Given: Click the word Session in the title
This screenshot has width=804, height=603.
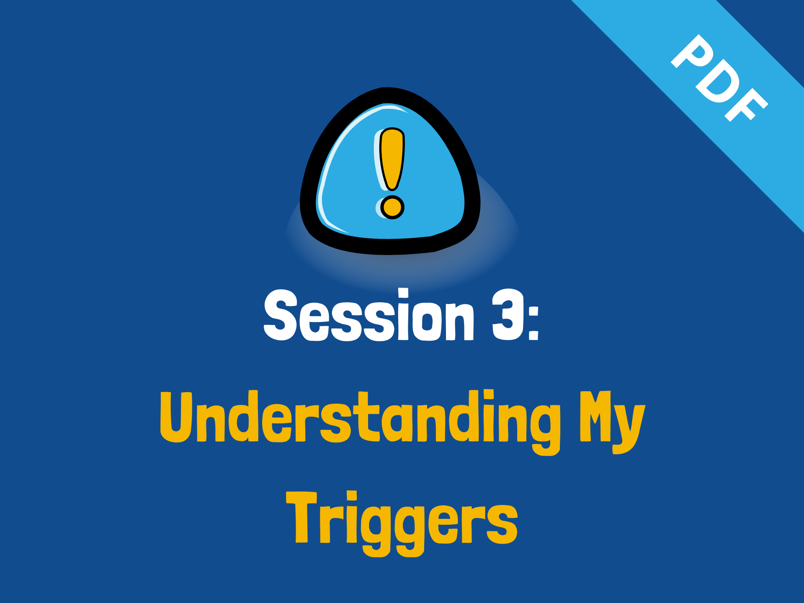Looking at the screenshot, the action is point(369,315).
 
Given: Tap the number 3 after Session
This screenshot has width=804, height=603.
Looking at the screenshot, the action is point(508,315).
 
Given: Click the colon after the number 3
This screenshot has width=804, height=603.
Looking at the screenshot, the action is point(533,323).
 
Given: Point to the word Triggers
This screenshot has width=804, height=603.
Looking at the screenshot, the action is point(402,523).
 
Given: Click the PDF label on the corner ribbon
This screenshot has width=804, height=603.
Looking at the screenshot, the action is point(720,78).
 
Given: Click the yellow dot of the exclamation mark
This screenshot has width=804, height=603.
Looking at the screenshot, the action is point(392,207).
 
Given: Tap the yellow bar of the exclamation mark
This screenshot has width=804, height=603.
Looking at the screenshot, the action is point(392,159).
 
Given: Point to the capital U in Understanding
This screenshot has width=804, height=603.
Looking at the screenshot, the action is point(176,417).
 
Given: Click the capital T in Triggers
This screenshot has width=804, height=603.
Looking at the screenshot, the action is point(301,518).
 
